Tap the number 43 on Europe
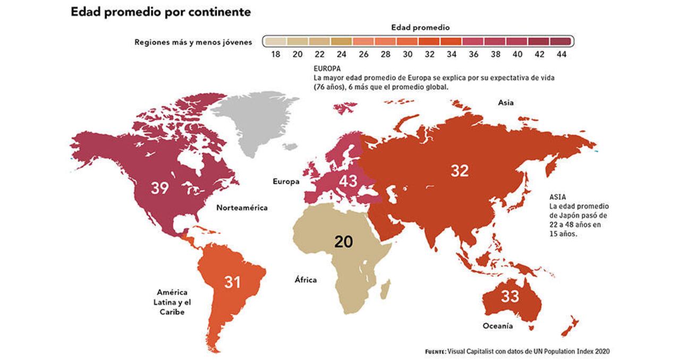348,181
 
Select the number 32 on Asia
460,170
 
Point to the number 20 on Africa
344,242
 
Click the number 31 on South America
232,282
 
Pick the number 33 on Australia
510,296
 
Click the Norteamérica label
242,208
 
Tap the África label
305,280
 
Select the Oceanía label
498,326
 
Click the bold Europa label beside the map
286,182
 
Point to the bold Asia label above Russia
506,102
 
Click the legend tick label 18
275,55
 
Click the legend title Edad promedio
421,27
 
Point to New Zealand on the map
571,325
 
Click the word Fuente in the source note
436,352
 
